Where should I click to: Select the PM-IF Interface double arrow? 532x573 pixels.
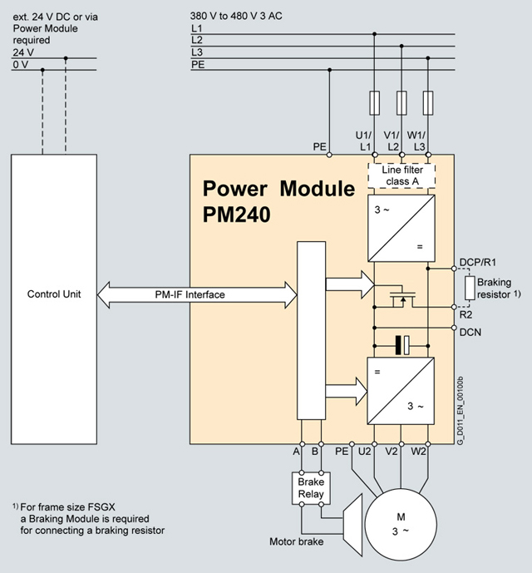pos(197,294)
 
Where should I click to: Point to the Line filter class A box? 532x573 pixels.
pos(402,176)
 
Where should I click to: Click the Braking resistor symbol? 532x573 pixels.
pos(470,288)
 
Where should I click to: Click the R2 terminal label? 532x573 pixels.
pos(468,315)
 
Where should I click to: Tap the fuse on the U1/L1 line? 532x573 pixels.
pos(375,104)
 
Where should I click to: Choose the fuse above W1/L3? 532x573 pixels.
pos(428,104)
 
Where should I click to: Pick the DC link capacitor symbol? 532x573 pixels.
pos(402,343)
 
